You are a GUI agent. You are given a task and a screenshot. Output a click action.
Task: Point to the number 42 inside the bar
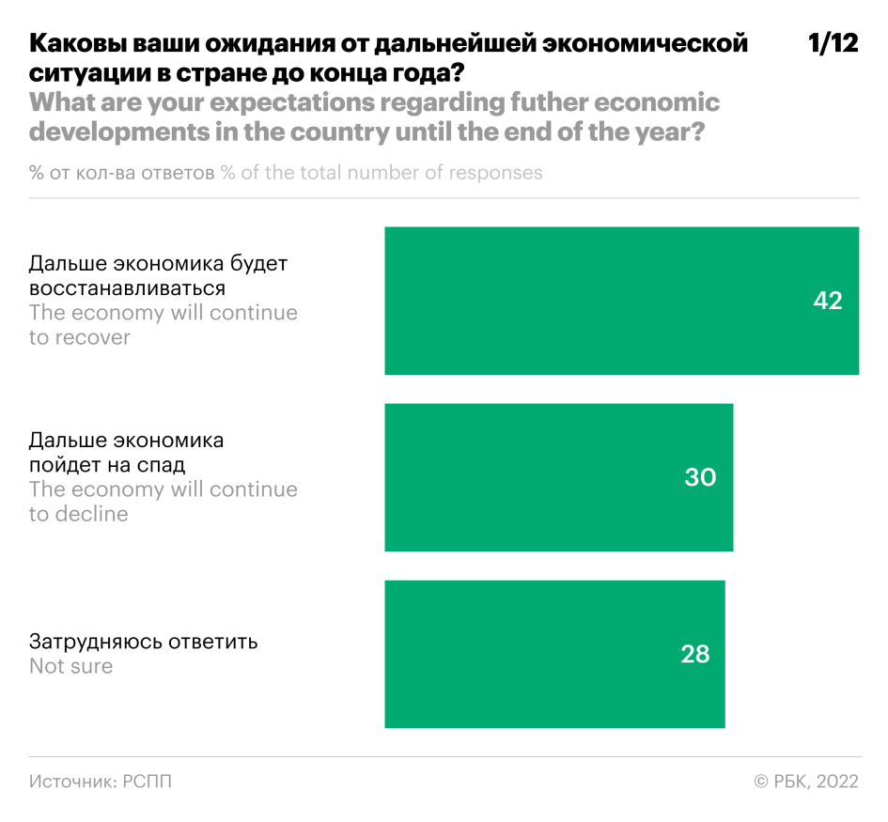tap(828, 302)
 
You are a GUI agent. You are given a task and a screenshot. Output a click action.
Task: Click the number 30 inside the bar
tap(700, 477)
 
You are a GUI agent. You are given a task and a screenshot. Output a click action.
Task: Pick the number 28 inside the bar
tap(694, 654)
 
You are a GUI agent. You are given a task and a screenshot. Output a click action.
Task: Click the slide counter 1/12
tap(833, 44)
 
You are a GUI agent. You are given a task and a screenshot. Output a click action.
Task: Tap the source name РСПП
tap(147, 782)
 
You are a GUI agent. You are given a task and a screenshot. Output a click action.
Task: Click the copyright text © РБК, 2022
tap(806, 782)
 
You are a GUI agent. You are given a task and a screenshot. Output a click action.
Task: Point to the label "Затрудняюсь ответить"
tap(143, 643)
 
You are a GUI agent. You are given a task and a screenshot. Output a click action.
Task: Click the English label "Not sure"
tap(70, 667)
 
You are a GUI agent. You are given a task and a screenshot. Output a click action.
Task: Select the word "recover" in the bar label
tap(92, 337)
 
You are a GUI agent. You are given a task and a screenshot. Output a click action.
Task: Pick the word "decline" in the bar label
tap(91, 514)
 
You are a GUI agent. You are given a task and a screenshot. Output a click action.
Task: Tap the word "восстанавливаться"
tap(127, 287)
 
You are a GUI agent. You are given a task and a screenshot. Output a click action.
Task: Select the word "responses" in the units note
tap(494, 173)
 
